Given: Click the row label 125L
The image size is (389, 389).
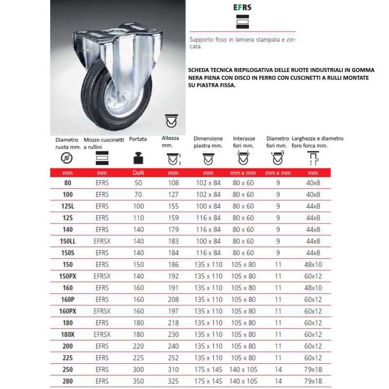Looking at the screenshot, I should click(x=68, y=206).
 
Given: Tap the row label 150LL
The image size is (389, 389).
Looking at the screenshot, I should click(x=68, y=241).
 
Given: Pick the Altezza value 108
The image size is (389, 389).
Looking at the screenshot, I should click(x=173, y=182).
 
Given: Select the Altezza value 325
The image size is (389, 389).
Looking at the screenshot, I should click(x=173, y=381).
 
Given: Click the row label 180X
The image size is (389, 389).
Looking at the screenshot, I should click(x=68, y=334).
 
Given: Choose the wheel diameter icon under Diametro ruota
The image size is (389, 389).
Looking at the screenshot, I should click(x=67, y=159).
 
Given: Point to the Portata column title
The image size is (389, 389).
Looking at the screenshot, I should click(x=138, y=139).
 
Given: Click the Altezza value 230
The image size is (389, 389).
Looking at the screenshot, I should click(x=173, y=334).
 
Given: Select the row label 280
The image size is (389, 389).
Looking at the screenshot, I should click(x=68, y=381).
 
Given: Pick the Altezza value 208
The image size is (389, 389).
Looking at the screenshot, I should click(x=173, y=299).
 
